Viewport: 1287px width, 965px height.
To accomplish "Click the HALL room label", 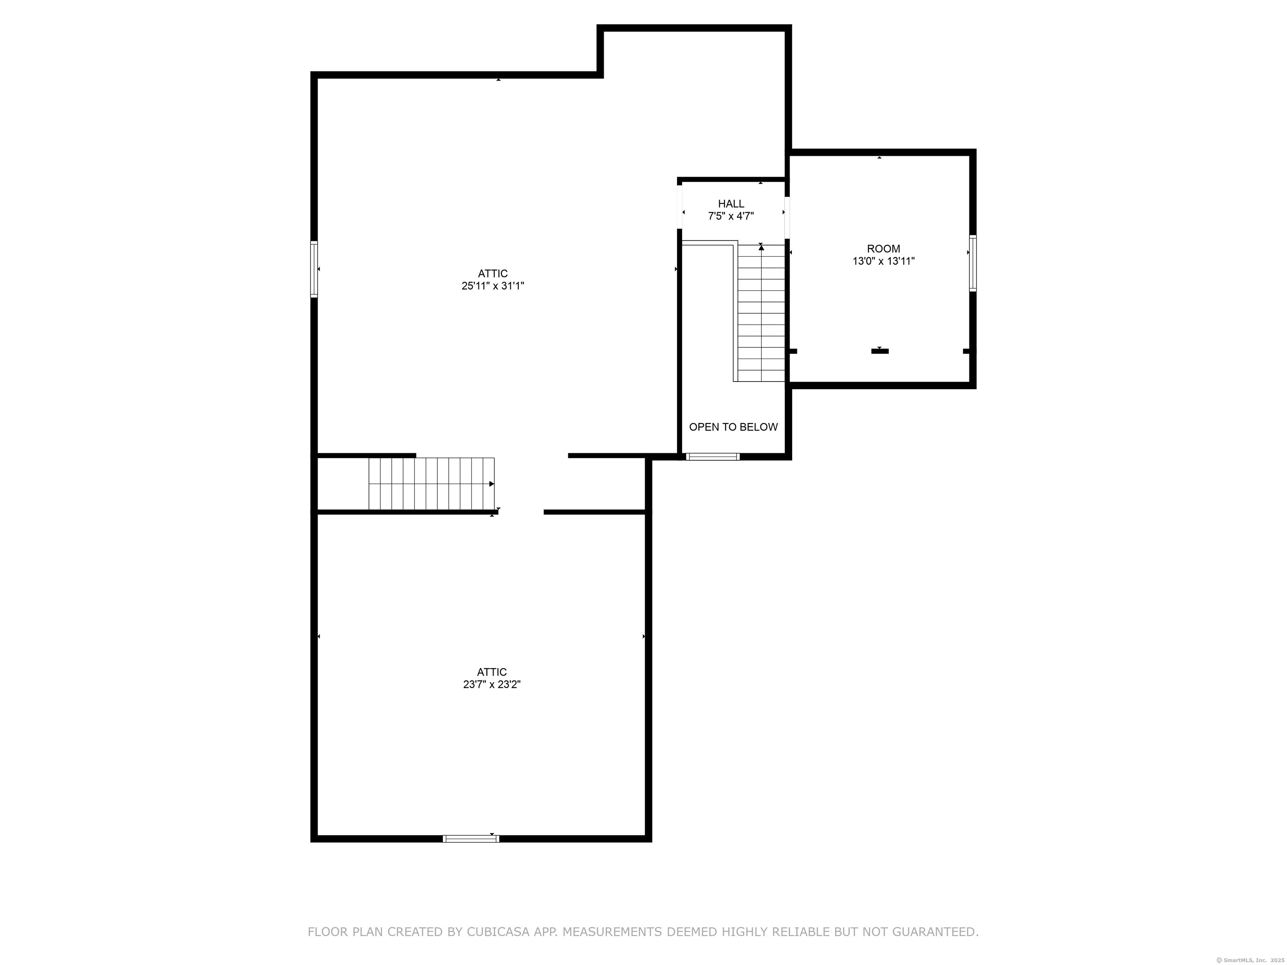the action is pos(731,204).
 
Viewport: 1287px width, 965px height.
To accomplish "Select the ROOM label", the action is pos(883,249).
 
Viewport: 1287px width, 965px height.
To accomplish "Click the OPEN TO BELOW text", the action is pos(733,427).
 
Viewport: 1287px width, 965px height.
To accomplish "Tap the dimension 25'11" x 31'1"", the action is pos(493,286).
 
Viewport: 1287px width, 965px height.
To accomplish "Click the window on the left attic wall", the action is pos(314,269).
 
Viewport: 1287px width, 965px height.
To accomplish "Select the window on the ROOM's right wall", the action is pos(972,263).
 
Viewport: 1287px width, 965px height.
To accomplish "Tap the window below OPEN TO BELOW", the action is pos(713,457).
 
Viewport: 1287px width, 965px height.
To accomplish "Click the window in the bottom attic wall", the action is pos(471,838).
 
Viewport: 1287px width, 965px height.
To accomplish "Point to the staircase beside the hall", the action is pos(762,313).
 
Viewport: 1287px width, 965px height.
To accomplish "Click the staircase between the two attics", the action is pos(431,484).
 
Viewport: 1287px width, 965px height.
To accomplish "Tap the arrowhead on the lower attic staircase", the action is pos(492,484).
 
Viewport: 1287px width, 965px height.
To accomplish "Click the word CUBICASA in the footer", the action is pos(497,932).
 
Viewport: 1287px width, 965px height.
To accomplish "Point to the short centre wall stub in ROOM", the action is pos(880,351).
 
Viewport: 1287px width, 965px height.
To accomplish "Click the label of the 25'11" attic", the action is pos(493,274).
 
